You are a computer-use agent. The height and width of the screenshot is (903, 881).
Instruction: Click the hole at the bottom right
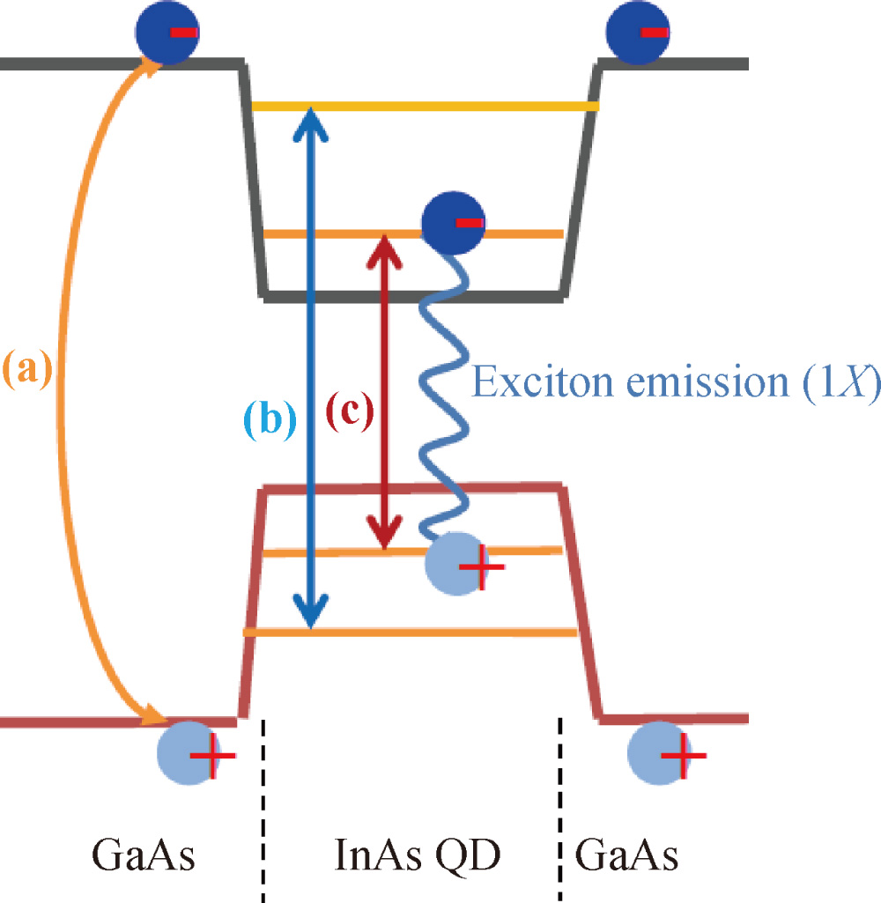(659, 753)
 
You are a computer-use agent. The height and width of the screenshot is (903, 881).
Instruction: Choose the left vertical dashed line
(263, 810)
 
